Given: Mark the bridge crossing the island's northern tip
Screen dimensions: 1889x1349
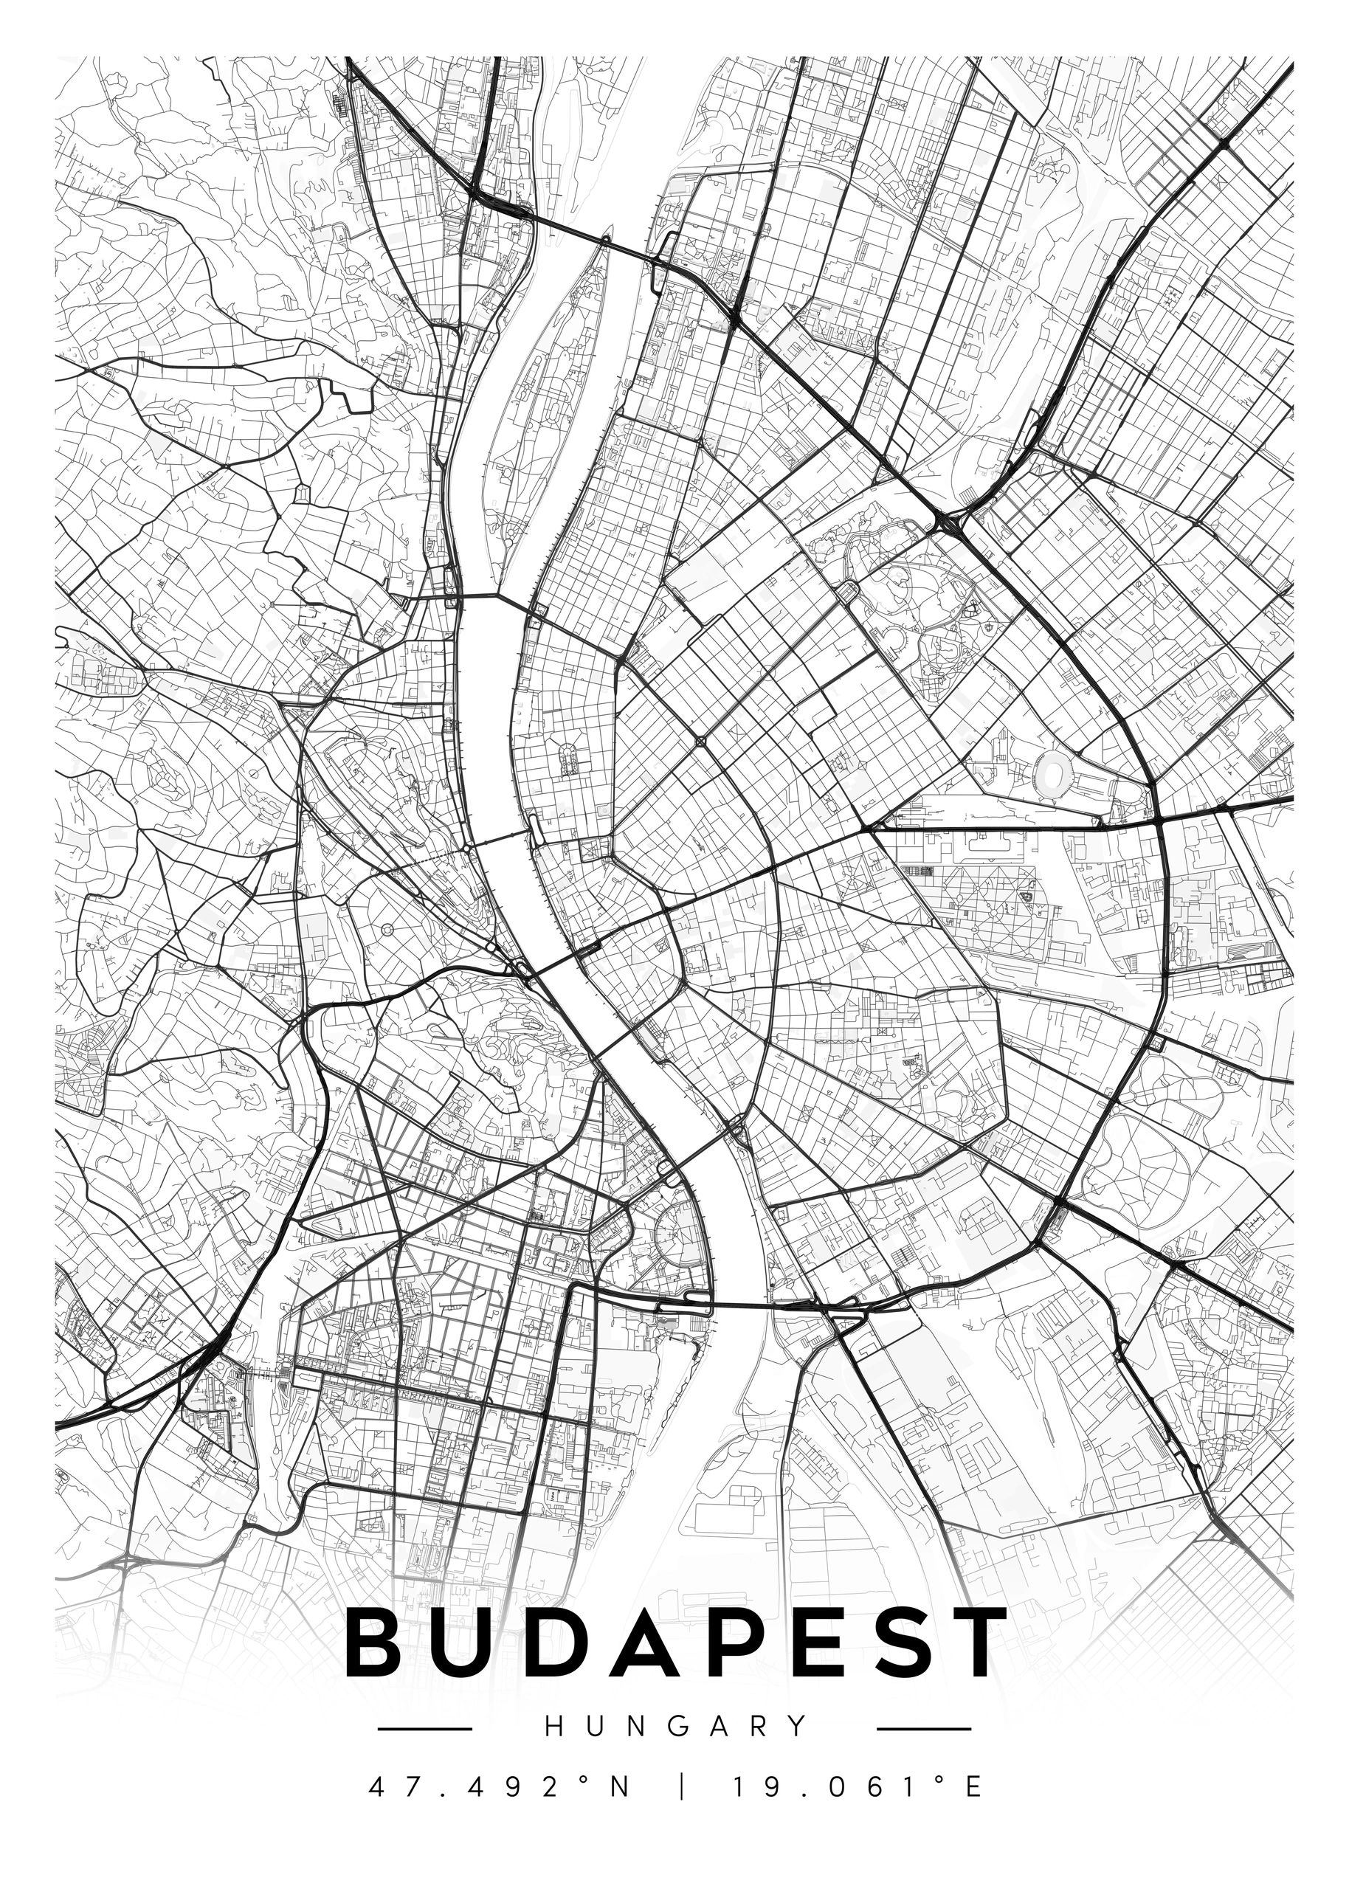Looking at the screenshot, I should tap(607, 240).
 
